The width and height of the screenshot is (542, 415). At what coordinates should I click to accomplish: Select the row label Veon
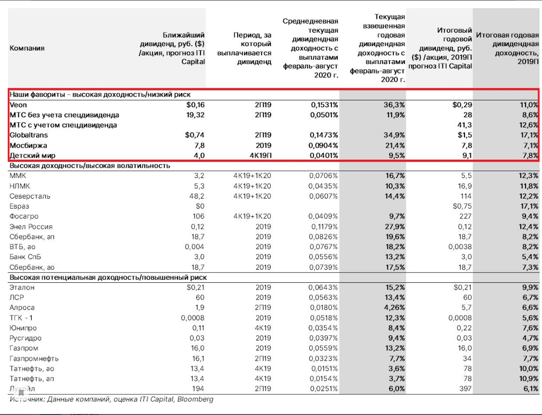click(18, 105)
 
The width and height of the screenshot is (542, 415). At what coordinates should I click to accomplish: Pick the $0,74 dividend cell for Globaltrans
click(195, 135)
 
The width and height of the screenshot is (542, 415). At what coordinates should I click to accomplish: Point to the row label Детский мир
click(32, 155)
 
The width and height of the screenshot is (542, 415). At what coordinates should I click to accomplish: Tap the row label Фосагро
click(24, 216)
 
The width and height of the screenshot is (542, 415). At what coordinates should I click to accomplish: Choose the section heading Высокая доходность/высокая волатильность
click(90, 166)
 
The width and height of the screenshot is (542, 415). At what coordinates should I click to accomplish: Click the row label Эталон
click(22, 288)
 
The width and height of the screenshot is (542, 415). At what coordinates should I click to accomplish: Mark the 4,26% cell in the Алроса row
click(392, 308)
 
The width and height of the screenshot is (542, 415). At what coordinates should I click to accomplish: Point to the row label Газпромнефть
click(34, 358)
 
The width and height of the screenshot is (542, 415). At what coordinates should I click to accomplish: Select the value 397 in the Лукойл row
click(465, 389)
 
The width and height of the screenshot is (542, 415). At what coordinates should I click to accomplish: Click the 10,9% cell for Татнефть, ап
click(527, 378)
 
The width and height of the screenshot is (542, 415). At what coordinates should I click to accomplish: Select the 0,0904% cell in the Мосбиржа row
click(323, 145)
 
